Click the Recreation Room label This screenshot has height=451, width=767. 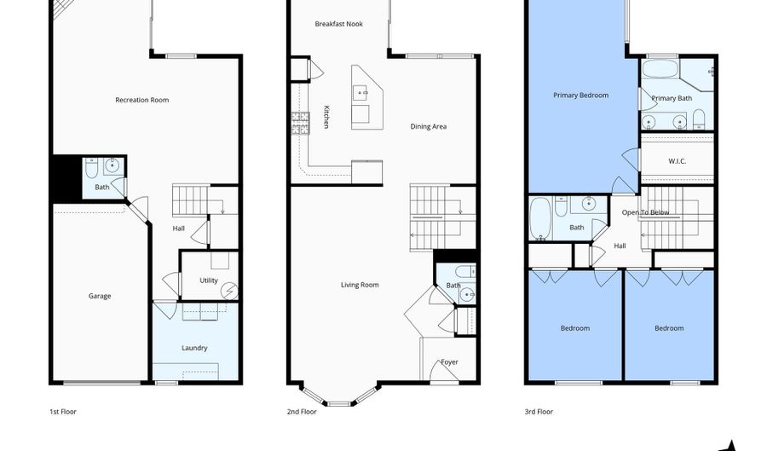[142, 100]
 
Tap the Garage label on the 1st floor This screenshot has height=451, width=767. [100, 296]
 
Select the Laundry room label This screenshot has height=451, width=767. [194, 348]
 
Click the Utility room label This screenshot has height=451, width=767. [209, 280]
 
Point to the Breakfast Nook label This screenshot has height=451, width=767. [338, 24]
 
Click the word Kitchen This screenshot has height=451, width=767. [326, 117]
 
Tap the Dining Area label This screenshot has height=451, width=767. [428, 126]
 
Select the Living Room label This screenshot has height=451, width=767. [360, 285]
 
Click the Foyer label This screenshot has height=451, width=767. [449, 362]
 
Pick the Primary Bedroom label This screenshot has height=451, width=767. [581, 95]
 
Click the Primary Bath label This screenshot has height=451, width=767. [672, 98]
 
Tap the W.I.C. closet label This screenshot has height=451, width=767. [678, 160]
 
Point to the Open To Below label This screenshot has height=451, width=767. [645, 212]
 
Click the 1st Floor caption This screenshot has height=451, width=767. [62, 412]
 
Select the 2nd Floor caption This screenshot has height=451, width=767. [302, 412]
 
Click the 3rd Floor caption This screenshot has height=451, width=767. [539, 412]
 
